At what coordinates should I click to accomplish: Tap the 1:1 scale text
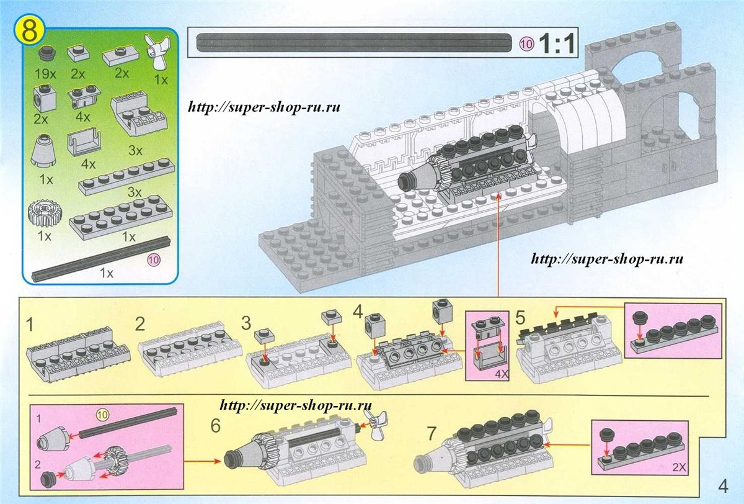(556, 44)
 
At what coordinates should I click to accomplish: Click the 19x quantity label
(46, 73)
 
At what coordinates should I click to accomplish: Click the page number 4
(722, 484)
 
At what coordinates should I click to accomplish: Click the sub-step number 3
(247, 323)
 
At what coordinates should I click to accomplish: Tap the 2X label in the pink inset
(677, 478)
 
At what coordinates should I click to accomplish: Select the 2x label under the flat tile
(122, 73)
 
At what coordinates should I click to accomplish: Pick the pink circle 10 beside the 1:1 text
(526, 44)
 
